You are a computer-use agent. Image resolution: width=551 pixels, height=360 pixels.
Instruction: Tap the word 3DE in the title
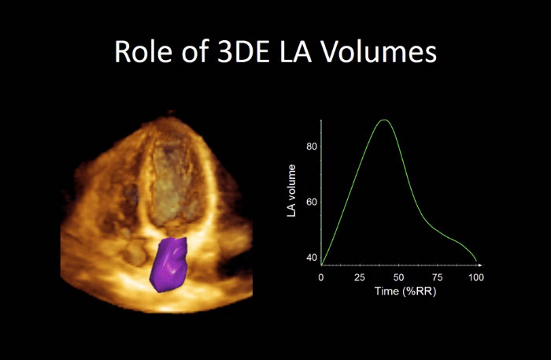coord(234,52)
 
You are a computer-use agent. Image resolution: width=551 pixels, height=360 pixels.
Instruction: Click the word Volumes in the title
coord(380,52)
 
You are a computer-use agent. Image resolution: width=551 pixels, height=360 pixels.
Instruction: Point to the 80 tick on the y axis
coord(312,147)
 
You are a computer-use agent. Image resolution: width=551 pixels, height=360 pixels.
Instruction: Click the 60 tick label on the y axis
coord(312,202)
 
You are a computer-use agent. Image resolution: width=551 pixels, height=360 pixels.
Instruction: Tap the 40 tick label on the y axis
coord(312,258)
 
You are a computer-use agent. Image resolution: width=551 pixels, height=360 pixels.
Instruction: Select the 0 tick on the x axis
coord(321,278)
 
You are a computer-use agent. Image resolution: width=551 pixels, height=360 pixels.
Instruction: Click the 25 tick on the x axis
coord(360,278)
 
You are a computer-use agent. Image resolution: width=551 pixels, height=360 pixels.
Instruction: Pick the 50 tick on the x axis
coord(398,278)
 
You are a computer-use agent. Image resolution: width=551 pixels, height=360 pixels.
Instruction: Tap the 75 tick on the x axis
coord(437,278)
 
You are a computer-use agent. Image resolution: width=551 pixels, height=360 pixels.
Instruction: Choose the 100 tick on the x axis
coord(475,278)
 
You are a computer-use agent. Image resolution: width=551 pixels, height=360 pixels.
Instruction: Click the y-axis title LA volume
coord(292,191)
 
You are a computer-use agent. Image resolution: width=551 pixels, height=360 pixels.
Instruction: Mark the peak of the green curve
coord(383,120)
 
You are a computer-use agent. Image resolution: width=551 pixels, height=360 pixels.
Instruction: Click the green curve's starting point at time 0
coord(321,264)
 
